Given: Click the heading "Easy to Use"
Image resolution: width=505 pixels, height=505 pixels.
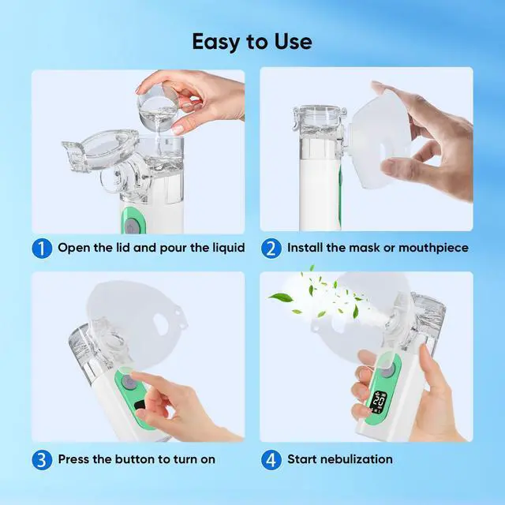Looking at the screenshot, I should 252,41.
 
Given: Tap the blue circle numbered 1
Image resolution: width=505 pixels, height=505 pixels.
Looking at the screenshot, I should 43,248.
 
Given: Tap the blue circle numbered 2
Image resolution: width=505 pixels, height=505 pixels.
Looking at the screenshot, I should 271,248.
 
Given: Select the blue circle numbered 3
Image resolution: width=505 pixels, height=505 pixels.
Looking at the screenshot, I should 43,458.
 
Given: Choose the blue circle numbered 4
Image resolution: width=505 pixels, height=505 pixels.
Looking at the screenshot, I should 271,458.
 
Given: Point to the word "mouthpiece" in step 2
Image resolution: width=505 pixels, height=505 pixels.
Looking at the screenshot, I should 433,248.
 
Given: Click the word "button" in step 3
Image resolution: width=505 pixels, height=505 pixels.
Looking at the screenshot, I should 127,458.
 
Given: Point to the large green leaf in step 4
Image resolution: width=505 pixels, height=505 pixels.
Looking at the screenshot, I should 281,298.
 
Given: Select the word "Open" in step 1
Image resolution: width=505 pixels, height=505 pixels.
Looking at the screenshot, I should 73,248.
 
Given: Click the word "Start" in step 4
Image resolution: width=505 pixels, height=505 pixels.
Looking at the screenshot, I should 302,458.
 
